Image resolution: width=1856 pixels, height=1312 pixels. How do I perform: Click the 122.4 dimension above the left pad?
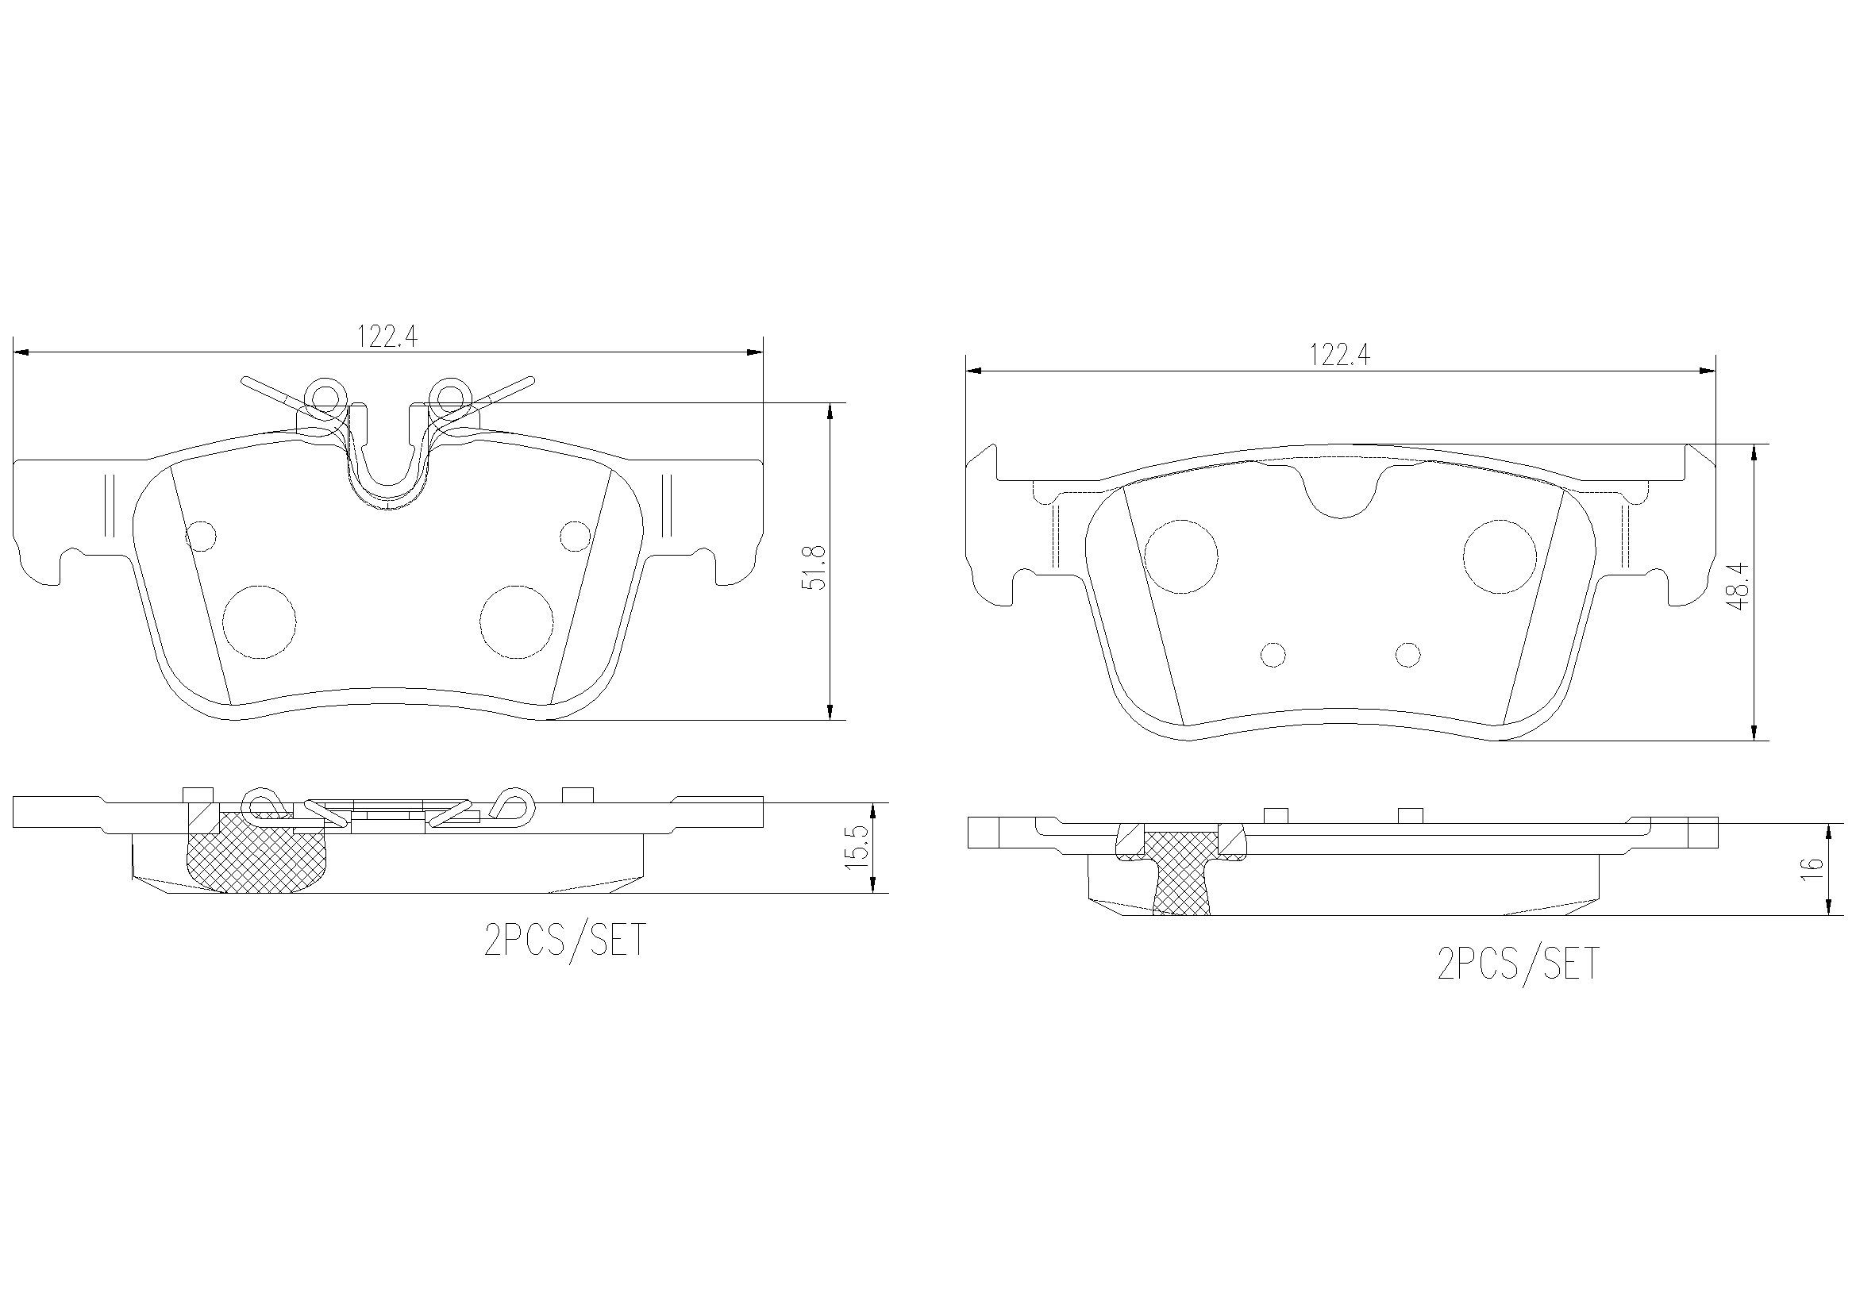(x=387, y=337)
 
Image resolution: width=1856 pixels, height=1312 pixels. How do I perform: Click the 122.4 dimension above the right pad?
(x=1339, y=354)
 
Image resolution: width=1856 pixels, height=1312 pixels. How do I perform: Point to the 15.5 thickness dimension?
(x=858, y=847)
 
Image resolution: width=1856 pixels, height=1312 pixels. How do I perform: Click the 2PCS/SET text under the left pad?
(x=565, y=940)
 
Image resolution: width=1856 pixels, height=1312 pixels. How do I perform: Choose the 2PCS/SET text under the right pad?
(x=1518, y=964)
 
